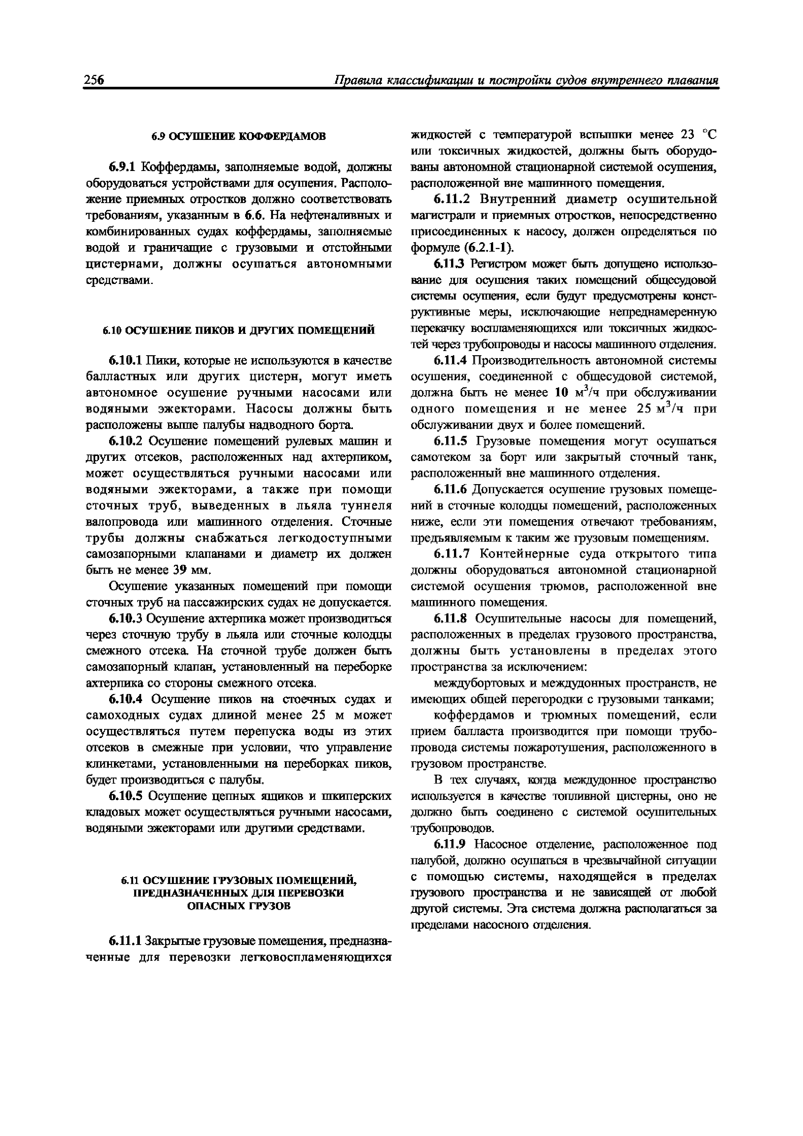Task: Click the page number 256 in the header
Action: click(x=94, y=80)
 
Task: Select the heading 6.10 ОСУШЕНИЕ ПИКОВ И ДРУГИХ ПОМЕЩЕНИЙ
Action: click(x=239, y=330)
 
